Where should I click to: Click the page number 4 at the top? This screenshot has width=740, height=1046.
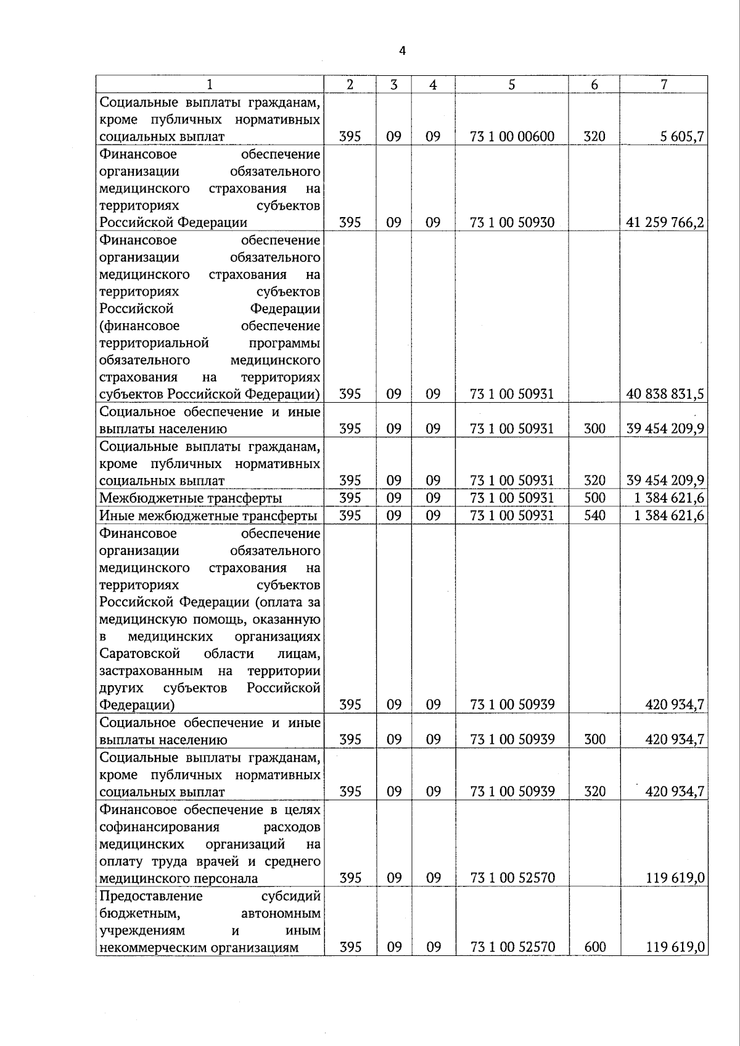(402, 51)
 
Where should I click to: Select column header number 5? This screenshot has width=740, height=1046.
(512, 85)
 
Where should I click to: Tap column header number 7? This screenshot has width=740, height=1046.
(664, 85)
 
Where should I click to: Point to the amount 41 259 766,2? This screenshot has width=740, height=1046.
(665, 223)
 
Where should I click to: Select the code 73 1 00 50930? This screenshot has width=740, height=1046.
(512, 223)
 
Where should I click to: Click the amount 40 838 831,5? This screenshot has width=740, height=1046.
(665, 394)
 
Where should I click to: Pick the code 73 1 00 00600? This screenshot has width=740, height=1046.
(512, 137)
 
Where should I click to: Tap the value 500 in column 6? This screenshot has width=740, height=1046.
(594, 498)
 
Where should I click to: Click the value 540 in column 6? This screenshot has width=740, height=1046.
(594, 516)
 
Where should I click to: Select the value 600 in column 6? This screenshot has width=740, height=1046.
(594, 947)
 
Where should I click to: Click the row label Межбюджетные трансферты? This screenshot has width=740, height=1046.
(191, 498)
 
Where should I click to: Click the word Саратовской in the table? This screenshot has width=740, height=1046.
(139, 653)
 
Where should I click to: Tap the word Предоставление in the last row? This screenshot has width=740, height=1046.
(150, 896)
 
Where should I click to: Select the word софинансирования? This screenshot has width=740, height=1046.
(159, 826)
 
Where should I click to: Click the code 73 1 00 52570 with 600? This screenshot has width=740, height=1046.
(512, 947)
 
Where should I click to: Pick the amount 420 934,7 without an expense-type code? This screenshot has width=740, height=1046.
(675, 705)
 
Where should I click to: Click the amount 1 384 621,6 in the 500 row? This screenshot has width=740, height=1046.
(669, 498)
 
